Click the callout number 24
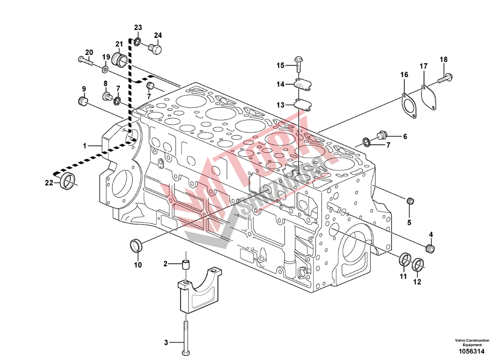click(158, 36)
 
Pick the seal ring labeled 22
click(68, 180)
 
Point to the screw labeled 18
click(446, 78)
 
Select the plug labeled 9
click(83, 101)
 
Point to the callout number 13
click(280, 105)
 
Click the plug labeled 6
click(382, 135)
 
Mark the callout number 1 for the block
click(84, 146)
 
